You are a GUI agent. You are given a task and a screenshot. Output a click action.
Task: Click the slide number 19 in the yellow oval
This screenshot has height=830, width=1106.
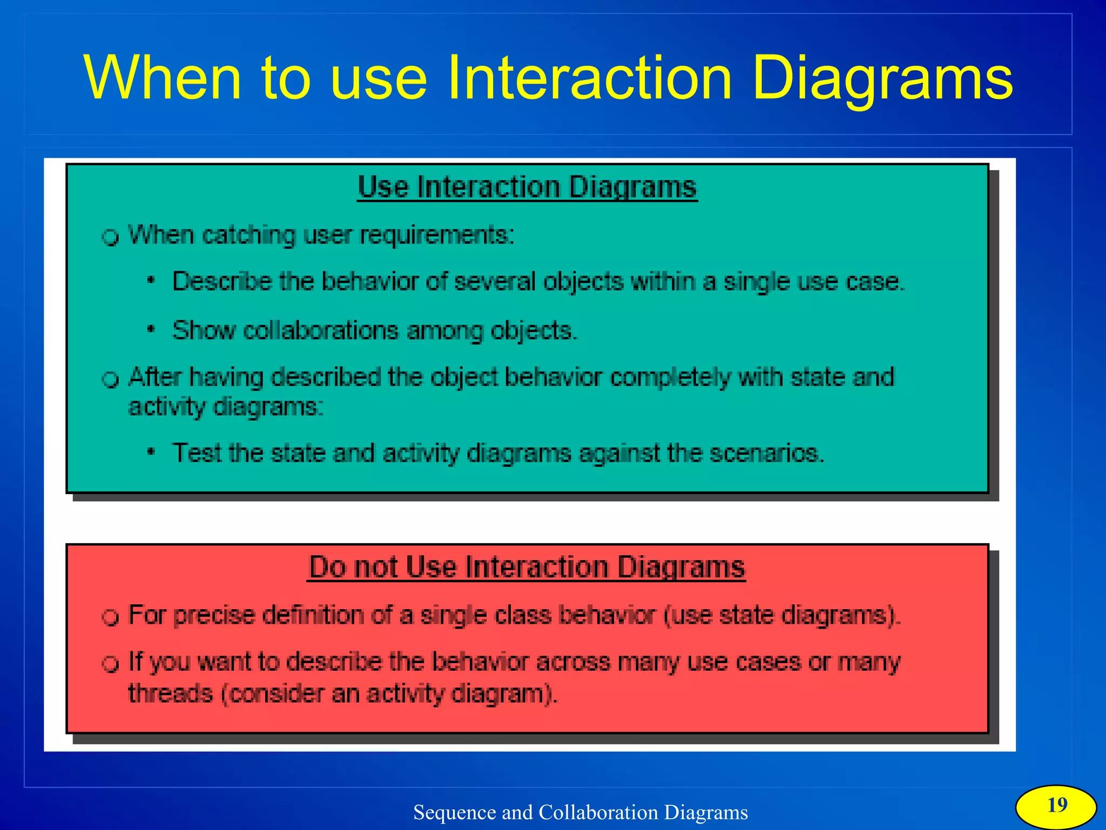click(1057, 805)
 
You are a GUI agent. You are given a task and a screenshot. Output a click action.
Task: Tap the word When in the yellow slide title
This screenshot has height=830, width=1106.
click(162, 78)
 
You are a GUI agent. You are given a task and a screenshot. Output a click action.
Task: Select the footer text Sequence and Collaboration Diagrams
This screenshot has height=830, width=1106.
click(581, 812)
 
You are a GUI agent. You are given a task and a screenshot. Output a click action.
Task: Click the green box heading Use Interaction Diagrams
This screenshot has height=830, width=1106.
click(527, 187)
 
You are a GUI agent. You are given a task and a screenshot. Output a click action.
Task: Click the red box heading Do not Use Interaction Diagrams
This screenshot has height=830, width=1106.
click(527, 568)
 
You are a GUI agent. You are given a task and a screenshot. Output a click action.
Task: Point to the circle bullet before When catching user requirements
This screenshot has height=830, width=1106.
click(111, 237)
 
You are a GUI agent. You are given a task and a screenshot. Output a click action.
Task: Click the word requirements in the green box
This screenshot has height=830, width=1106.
click(437, 235)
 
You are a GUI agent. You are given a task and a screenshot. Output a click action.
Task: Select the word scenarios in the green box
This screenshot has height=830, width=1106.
click(766, 453)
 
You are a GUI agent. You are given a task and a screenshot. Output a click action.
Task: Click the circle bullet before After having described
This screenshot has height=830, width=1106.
click(111, 379)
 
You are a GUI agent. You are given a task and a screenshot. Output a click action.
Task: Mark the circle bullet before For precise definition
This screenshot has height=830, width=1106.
click(111, 617)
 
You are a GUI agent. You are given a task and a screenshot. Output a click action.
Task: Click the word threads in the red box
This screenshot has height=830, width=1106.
click(171, 693)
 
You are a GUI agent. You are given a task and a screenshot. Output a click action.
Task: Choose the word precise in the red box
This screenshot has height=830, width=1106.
click(214, 616)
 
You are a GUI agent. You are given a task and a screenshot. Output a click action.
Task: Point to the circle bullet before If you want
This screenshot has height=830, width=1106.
click(111, 664)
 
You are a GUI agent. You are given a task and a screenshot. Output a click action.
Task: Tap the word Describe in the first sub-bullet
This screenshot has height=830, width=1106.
click(222, 282)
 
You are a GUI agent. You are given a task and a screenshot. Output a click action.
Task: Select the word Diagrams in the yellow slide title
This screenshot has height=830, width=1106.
click(882, 78)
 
